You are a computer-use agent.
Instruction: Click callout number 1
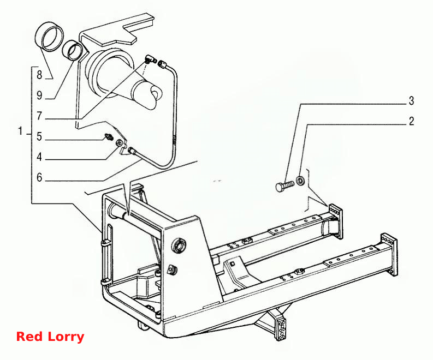(x=20, y=131)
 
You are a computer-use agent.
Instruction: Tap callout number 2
(x=412, y=121)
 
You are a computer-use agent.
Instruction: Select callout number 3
(x=412, y=101)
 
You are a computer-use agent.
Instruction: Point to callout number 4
(x=39, y=157)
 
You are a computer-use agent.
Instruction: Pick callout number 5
(x=39, y=136)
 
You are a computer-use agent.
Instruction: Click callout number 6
(x=39, y=177)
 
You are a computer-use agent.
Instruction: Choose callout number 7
(x=39, y=116)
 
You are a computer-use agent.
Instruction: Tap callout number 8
(x=39, y=75)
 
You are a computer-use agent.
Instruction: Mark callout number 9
(x=39, y=95)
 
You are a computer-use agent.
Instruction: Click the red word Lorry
(x=66, y=337)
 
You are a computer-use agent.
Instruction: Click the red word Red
(x=29, y=337)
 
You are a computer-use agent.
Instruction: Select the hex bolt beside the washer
(x=284, y=185)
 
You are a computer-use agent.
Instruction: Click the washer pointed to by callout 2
(x=300, y=181)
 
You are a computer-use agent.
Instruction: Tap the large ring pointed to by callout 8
(x=50, y=37)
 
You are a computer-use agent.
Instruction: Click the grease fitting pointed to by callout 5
(x=108, y=136)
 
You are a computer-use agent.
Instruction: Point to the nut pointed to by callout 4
(x=119, y=143)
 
